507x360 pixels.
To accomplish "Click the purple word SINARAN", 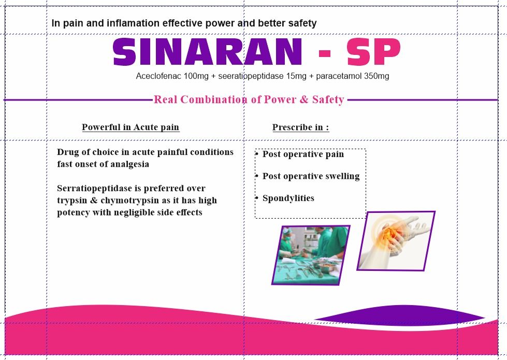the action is point(207,52).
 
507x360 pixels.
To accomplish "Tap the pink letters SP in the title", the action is point(374,52).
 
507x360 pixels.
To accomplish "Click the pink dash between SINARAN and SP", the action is point(324,53).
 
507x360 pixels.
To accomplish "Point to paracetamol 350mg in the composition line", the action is point(353,76).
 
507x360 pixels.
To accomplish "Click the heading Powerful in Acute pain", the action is point(131,127).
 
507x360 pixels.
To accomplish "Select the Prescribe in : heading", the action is point(301,127).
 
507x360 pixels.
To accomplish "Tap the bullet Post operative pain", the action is point(303,154).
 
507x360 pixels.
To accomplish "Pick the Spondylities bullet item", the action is point(288,198).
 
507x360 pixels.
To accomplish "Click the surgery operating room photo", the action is point(311,255).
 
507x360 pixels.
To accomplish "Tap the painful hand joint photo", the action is point(396,241).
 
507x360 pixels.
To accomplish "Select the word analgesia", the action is point(129,164).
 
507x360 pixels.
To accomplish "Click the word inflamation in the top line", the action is point(133,23).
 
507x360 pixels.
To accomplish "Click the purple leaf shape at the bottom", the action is point(400,315).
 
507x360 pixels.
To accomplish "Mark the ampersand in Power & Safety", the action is point(304,99).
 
